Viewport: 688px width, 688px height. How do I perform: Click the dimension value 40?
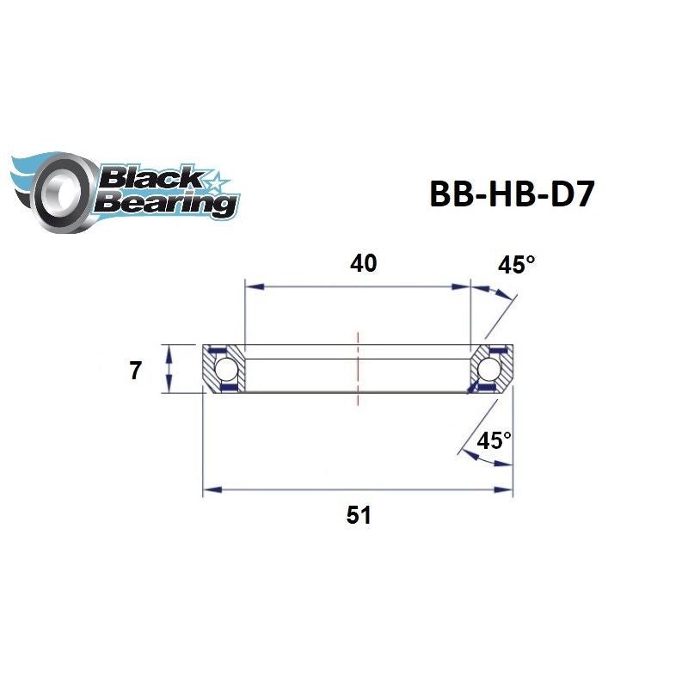[x=363, y=263]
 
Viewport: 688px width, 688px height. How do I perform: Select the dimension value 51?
[x=358, y=515]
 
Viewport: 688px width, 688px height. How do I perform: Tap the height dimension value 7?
[x=134, y=371]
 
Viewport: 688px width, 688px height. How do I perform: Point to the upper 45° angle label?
[x=516, y=265]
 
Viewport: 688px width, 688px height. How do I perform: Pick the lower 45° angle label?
[x=494, y=440]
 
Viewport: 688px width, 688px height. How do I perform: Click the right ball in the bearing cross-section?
[x=490, y=371]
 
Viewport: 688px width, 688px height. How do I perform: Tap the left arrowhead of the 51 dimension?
[x=209, y=490]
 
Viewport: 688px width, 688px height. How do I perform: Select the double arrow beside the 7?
[x=169, y=370]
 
